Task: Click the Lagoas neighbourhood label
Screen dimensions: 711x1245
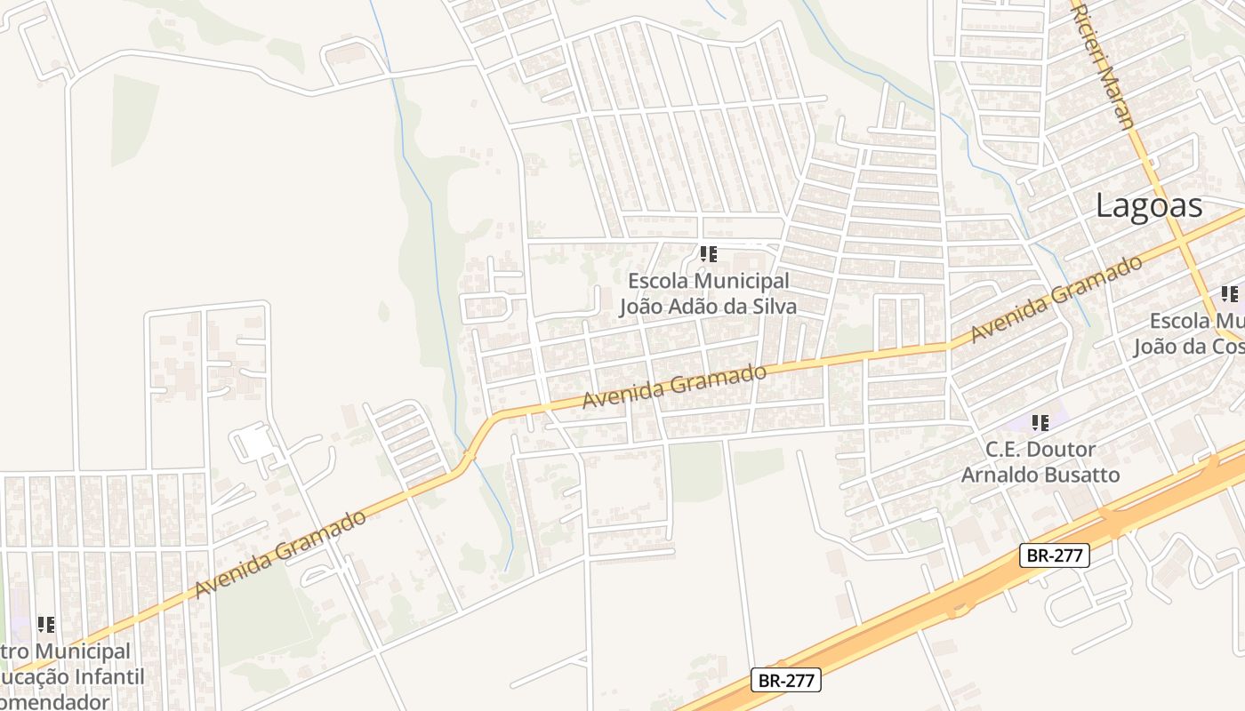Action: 1149,205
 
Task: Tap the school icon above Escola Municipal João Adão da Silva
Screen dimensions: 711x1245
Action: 708,254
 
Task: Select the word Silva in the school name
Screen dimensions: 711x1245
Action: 772,306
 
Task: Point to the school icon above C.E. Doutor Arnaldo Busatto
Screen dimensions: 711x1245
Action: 1040,423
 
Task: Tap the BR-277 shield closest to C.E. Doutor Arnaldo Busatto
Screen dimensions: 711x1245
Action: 1054,555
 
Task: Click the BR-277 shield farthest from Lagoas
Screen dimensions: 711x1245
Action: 785,681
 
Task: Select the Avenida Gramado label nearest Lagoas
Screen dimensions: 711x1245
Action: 1056,299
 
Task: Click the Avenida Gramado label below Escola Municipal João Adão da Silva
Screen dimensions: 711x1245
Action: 674,387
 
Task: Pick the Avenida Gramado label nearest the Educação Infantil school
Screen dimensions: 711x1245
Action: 280,553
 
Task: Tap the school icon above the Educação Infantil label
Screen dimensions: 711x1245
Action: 45,625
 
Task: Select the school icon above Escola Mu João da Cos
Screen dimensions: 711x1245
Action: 1229,294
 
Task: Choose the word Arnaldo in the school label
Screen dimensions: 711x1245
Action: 999,475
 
